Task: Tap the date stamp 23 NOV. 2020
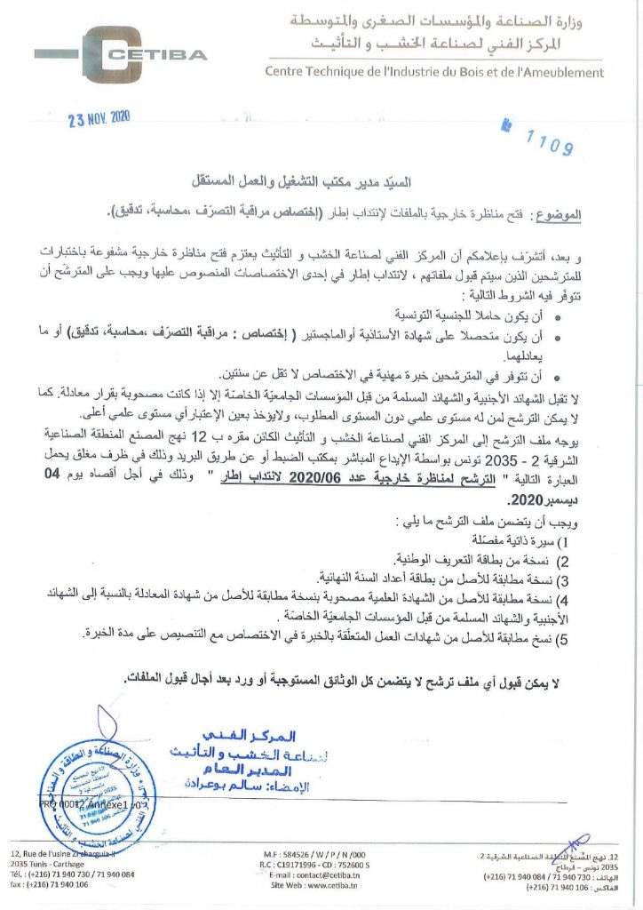(99, 123)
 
